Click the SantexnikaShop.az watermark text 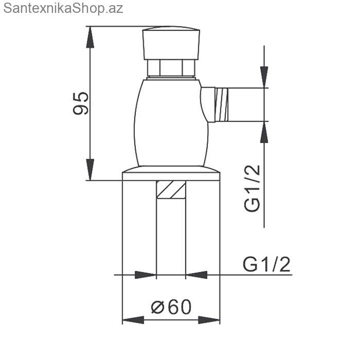pos(63,9)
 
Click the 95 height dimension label pos(81,103)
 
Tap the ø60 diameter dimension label pos(171,307)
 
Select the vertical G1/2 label pos(252,188)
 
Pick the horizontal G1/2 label pos(266,264)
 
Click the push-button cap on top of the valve pos(171,43)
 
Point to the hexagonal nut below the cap pos(171,68)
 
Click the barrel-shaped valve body pos(171,122)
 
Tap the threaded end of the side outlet pos(222,104)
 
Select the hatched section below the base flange pos(171,189)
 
